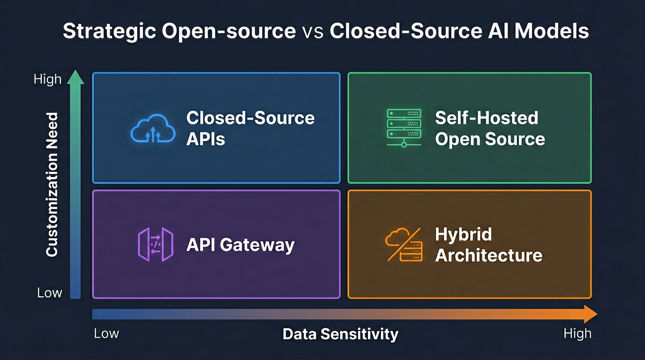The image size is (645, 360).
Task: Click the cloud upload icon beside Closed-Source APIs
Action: click(x=153, y=127)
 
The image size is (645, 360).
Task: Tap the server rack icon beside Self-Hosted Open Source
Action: click(x=404, y=127)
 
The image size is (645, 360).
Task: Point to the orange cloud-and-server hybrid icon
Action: click(x=404, y=244)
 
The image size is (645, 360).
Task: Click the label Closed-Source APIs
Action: click(x=250, y=128)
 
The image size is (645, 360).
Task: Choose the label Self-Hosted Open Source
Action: click(x=489, y=128)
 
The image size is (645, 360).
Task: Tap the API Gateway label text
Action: click(x=240, y=245)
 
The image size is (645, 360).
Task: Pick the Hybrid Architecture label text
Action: click(x=488, y=245)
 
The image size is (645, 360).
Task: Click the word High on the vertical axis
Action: click(x=47, y=79)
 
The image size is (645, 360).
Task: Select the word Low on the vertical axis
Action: click(x=49, y=293)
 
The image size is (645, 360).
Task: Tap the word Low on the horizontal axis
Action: click(x=106, y=334)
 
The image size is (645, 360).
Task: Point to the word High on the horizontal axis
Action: click(x=577, y=334)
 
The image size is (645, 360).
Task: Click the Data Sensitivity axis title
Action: click(x=340, y=334)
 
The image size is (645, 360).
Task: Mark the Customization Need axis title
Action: click(x=52, y=184)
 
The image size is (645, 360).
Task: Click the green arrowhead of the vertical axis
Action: click(x=75, y=77)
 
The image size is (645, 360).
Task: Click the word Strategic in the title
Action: click(x=108, y=31)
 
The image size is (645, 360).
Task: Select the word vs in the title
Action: click(x=312, y=31)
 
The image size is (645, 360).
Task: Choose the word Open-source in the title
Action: click(x=229, y=31)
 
